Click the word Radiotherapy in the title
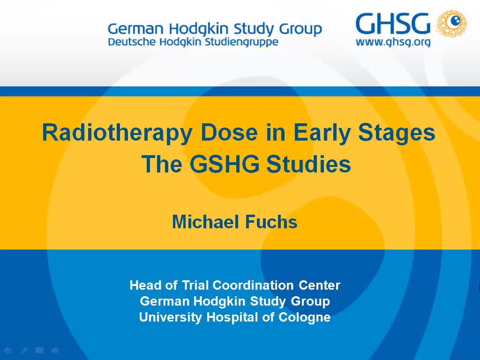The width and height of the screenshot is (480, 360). coord(117,133)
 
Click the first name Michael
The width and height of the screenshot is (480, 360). coord(203,222)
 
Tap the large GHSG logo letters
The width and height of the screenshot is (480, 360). coord(393,24)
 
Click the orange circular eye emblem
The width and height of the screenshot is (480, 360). coord(451,24)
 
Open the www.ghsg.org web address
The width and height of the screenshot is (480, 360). coord(393,43)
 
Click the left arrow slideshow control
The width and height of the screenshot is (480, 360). coord(8,350)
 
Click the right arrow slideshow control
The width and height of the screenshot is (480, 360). coord(55,350)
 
